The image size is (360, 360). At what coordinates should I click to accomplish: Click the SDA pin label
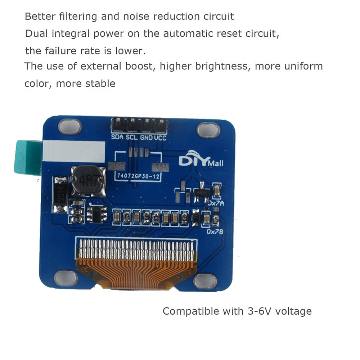click(117, 137)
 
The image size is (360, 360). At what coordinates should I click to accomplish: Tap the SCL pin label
click(132, 137)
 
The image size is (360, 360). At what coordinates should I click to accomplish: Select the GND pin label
click(146, 137)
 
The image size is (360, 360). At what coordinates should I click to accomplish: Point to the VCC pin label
click(161, 137)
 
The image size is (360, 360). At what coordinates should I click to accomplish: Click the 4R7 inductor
click(89, 180)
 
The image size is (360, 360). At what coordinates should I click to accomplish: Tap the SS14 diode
click(60, 195)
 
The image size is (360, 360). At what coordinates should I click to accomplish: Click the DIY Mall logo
click(201, 161)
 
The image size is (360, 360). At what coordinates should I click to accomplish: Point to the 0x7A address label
click(216, 203)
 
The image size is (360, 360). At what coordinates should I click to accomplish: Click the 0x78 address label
click(215, 231)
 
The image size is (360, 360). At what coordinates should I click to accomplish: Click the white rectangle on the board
click(74, 151)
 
